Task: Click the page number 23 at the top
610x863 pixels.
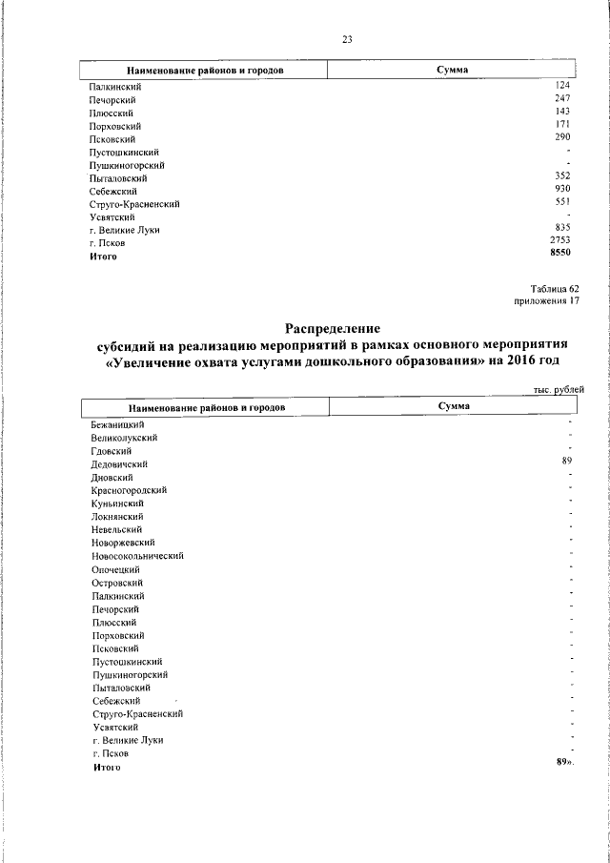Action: pos(347,39)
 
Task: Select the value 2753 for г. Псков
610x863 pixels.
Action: pos(559,242)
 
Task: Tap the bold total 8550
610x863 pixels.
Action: pos(559,255)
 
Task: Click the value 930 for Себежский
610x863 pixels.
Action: pos(562,190)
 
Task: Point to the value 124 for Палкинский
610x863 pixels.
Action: pos(562,86)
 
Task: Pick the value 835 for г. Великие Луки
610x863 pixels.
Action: pos(562,228)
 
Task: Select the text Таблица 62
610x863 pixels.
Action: pos(555,289)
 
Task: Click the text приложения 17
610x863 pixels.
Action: pos(547,301)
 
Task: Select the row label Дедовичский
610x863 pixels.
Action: pos(119,463)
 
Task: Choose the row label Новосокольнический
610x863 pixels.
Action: pos(137,555)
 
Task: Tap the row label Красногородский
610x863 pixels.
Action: pos(129,489)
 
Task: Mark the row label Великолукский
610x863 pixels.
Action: pos(124,437)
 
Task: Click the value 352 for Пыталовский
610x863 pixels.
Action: pos(562,176)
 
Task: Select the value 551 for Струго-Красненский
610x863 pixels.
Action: pos(562,202)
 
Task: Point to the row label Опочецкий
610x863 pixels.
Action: pos(116,568)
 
